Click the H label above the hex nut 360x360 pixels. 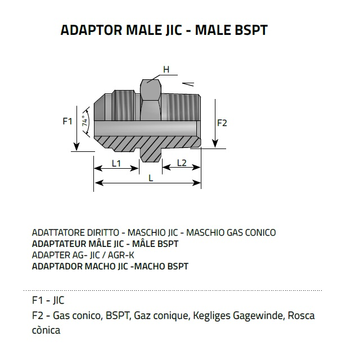pos(166,69)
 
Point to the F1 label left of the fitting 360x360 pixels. pos(67,121)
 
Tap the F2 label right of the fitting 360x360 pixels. pos(222,123)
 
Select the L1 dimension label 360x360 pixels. pos(116,163)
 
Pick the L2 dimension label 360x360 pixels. pos(182,163)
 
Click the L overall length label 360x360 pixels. pos(151,178)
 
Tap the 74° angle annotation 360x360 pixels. pos(85,121)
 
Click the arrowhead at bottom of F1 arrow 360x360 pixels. pos(76,146)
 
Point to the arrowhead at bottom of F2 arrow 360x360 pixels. pos(215,143)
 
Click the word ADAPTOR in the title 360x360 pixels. pos(91,30)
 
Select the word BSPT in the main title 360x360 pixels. pos(251,30)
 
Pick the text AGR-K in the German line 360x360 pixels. pos(121,255)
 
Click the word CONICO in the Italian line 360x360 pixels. pos(260,232)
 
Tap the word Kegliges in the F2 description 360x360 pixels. pos(211,316)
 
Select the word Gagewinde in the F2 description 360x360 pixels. pos(259,316)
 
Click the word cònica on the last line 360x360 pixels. pos(46,330)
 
